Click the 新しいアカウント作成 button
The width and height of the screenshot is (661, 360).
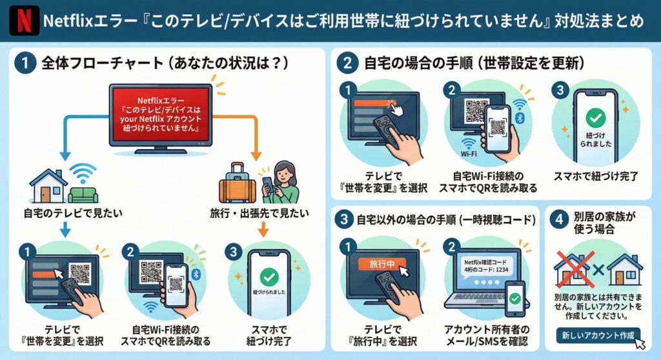[x=597, y=335]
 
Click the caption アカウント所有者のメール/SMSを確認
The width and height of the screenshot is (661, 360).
[x=486, y=335]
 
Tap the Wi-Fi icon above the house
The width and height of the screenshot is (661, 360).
[x=82, y=172]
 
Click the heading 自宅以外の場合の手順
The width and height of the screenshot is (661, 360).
[x=446, y=220]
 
